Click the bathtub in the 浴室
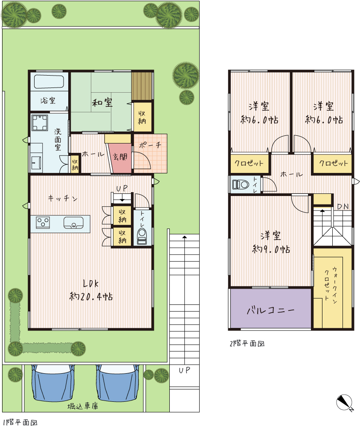click(49, 82)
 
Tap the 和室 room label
click(102, 102)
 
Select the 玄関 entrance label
click(120, 157)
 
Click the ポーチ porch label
click(150, 145)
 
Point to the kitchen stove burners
click(43, 222)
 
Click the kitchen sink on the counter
click(73, 222)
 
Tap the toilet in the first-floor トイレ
click(142, 236)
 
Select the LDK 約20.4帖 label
click(91, 290)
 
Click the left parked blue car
click(53, 383)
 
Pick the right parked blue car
click(118, 383)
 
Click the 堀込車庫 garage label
click(83, 406)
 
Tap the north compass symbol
click(345, 403)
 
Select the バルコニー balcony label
click(270, 310)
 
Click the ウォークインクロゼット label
click(331, 284)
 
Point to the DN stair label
click(343, 206)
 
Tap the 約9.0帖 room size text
click(271, 249)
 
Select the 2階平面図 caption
click(247, 343)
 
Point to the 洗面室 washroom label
click(58, 140)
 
